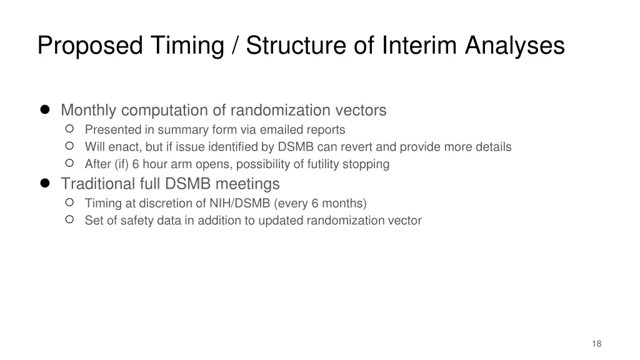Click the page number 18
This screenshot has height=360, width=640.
tap(596, 344)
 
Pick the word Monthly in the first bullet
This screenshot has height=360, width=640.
tap(89, 111)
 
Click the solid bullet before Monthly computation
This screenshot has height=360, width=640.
tap(45, 110)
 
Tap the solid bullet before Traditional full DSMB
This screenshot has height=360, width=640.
tap(45, 183)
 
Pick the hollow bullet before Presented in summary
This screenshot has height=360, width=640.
tap(70, 129)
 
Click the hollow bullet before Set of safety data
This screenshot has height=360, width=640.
tap(70, 220)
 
